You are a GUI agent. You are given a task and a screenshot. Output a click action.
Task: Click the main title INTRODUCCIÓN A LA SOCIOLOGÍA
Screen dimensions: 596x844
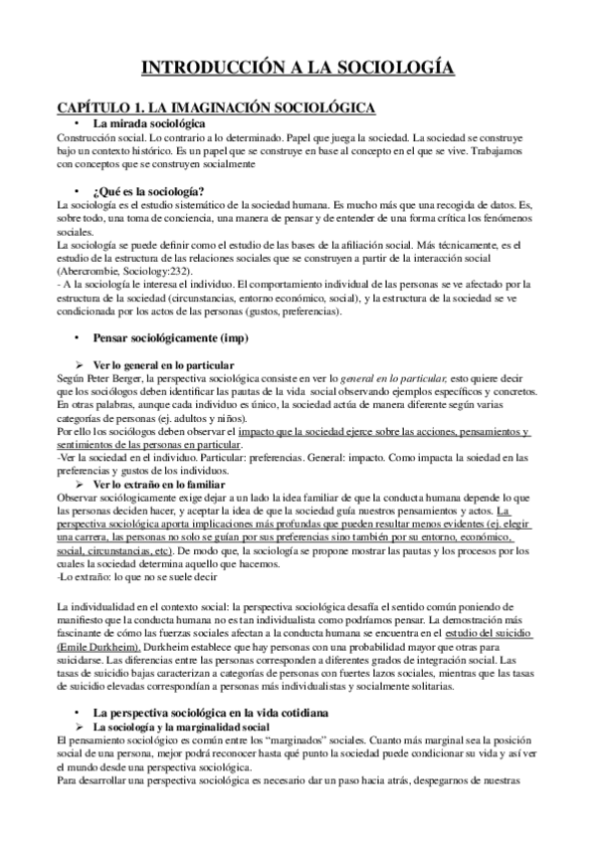pos(298,67)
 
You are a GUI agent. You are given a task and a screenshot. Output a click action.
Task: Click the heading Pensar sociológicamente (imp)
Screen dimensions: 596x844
pos(167,338)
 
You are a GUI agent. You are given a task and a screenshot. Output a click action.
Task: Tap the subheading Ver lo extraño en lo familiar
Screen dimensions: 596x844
pos(159,484)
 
